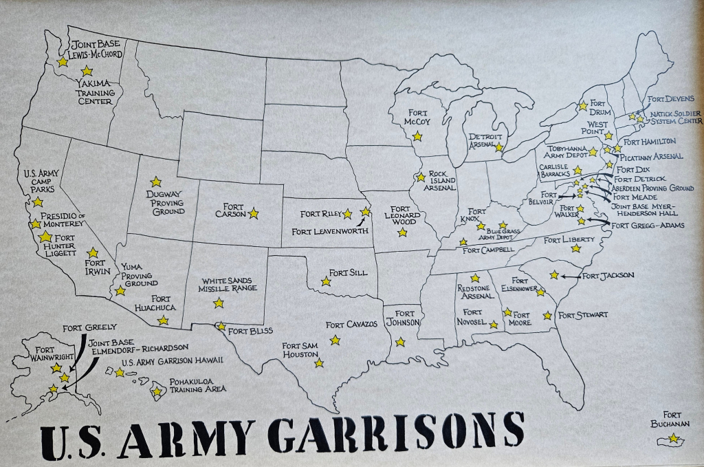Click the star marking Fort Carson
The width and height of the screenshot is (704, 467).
point(254,214)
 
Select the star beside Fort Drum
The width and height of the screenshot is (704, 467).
point(583,106)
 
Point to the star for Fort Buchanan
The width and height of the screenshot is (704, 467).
point(674,438)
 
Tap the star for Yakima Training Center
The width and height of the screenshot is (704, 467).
point(87,71)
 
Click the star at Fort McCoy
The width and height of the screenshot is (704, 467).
point(417,136)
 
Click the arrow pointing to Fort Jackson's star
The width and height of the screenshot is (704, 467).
point(570,276)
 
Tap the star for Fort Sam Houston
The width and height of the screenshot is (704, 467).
point(319,362)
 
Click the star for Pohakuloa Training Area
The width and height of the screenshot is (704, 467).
point(157,392)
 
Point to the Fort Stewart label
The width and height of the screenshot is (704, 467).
point(583,315)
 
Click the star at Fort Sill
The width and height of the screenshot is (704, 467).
point(326,281)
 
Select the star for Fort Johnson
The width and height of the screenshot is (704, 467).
point(400,342)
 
